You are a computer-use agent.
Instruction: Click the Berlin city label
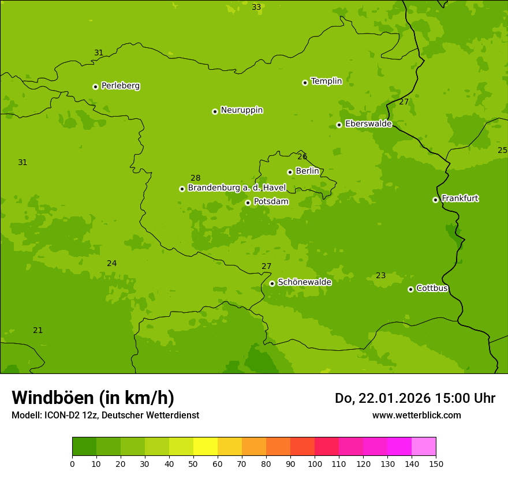pos(307,171)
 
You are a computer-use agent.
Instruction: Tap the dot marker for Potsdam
pos(248,203)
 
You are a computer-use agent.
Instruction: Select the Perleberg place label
pos(120,86)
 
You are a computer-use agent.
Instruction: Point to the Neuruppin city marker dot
pos(215,111)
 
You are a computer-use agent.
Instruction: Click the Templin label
pos(326,81)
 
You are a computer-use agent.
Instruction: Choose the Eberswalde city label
pos(368,124)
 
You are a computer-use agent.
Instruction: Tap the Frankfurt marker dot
pos(435,200)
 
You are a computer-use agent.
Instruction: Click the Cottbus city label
pos(432,288)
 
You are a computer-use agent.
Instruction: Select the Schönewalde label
pos(304,282)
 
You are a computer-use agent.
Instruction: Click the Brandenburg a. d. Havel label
pos(237,188)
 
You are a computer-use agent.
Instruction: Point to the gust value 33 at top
pos(256,7)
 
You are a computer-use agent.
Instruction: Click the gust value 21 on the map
pos(38,330)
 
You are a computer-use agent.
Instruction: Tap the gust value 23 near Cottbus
pos(380,275)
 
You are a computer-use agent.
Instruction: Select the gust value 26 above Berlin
pos(302,156)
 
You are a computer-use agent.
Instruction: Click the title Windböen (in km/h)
pos(93,398)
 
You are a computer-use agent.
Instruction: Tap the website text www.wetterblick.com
pos(416,415)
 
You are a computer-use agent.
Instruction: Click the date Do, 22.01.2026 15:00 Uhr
pos(414,398)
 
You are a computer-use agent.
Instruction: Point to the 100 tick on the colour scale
pos(315,463)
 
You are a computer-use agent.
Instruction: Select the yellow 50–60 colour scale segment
pos(206,447)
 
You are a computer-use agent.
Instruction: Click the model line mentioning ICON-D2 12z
pos(105,415)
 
